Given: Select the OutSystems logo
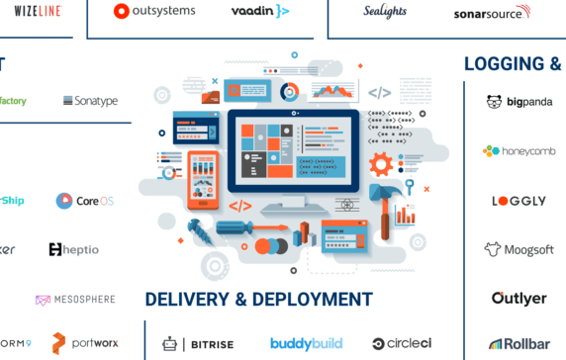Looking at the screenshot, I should pos(154,11).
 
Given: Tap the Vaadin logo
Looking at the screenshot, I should pos(260,11).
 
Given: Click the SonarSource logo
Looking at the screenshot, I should pos(491,13).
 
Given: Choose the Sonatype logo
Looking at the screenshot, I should pos(90,101).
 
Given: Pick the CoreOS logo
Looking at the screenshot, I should pos(85,201).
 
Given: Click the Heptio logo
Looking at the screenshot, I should pos(73,249).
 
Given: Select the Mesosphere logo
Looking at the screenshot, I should pos(75,300).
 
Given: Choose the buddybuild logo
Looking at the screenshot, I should pos(306,344).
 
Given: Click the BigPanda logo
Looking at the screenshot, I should pos(519,102).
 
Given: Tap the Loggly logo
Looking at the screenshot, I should pos(519,201).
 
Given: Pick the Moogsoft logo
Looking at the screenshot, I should pos(519,249).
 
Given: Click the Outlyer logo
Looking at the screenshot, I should pos(519,299).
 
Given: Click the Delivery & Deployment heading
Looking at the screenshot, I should pos(258,300).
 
